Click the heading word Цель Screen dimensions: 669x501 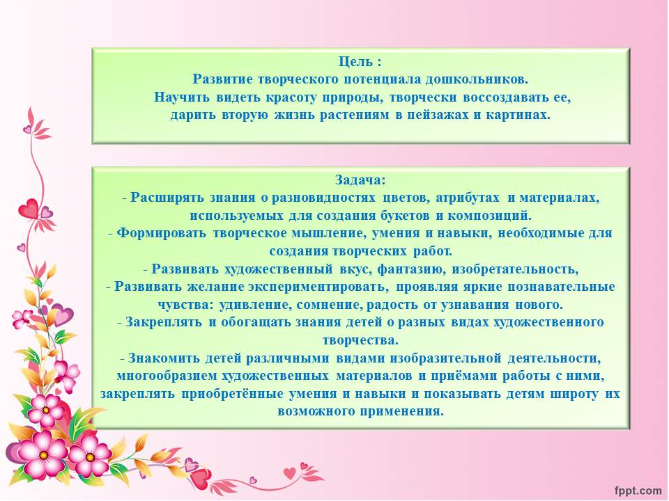point(355,62)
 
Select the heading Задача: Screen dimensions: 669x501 point(360,180)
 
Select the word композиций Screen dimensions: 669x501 point(489,216)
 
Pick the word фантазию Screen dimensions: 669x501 point(411,269)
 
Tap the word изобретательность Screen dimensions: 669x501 point(515,269)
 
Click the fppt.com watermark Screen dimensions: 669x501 point(638,491)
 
